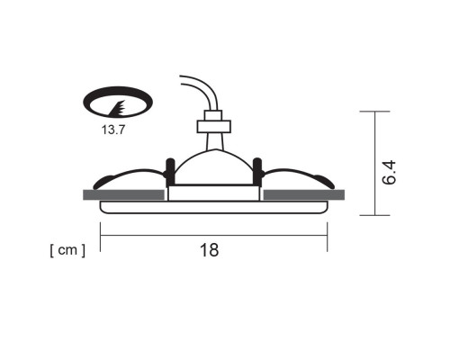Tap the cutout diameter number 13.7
(114, 130)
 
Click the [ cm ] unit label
(67, 249)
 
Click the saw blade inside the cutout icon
(115, 109)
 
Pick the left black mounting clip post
(168, 170)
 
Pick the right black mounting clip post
(257, 170)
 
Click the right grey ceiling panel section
(303, 194)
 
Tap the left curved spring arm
(130, 173)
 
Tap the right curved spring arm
(295, 173)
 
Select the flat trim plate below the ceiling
(213, 207)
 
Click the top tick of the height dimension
(375, 112)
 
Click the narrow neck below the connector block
(213, 140)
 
